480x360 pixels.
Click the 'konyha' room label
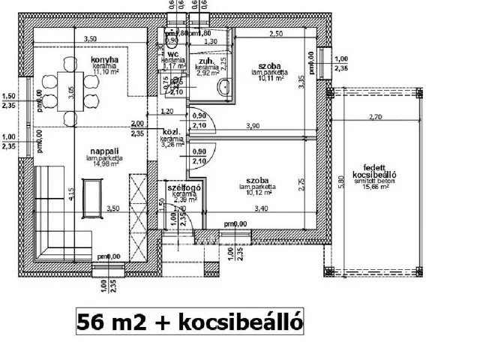[106, 60]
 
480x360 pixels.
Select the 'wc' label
[172, 55]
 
